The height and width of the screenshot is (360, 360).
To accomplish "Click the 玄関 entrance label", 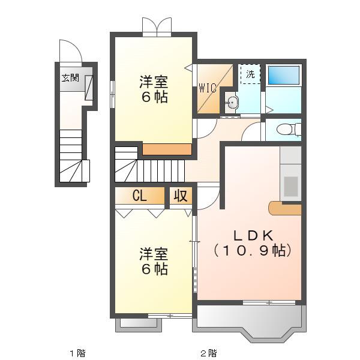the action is click(70, 78).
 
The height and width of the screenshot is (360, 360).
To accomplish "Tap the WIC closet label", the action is click(208, 88).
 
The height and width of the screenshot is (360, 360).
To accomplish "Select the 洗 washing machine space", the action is click(250, 74).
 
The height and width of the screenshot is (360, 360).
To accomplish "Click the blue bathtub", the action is click(284, 76).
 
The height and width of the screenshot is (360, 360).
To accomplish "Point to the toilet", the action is click(289, 130).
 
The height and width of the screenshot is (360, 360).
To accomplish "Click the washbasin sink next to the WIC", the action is click(232, 102).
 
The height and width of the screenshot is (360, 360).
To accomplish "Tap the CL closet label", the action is click(139, 196).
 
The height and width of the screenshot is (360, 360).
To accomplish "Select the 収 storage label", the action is click(181, 196).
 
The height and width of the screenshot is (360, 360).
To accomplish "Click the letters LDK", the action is click(253, 235).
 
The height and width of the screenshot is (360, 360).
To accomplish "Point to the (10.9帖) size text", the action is click(253, 250).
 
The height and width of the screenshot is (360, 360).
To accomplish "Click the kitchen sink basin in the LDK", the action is click(290, 187).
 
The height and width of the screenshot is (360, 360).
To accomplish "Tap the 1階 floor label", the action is click(77, 353).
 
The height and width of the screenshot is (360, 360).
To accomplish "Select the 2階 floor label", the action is click(208, 353).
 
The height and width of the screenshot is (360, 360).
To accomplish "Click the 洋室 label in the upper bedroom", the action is click(154, 82).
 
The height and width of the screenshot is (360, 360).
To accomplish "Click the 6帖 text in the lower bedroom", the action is click(155, 269).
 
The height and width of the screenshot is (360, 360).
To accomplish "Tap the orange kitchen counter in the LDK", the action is click(284, 208).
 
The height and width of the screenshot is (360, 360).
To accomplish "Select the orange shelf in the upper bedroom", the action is click(167, 149).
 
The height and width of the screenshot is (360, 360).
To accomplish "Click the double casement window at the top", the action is click(157, 27).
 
